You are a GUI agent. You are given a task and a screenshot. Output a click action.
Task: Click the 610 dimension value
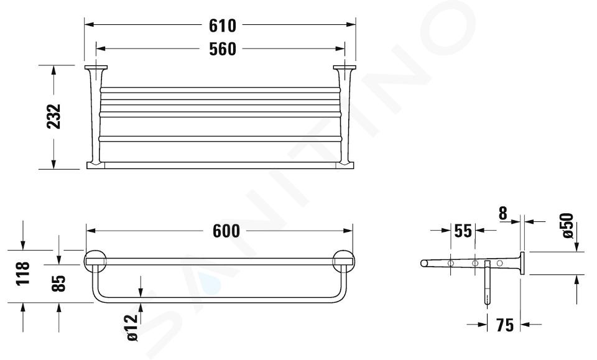click(223, 25)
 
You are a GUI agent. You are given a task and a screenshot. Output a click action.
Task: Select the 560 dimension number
click(223, 49)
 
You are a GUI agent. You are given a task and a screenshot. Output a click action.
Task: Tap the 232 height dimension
click(54, 116)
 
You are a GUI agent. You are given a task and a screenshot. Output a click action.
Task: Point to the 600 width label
click(226, 231)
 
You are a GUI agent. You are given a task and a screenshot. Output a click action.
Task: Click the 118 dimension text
click(23, 273)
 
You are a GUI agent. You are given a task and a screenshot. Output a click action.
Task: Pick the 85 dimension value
click(58, 284)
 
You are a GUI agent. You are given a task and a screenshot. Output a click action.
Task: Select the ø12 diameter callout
click(131, 328)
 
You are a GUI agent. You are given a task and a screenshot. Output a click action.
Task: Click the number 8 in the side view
click(503, 214)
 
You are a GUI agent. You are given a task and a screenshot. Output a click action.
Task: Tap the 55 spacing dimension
click(463, 231)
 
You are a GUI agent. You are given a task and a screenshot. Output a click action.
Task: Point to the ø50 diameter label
click(567, 226)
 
